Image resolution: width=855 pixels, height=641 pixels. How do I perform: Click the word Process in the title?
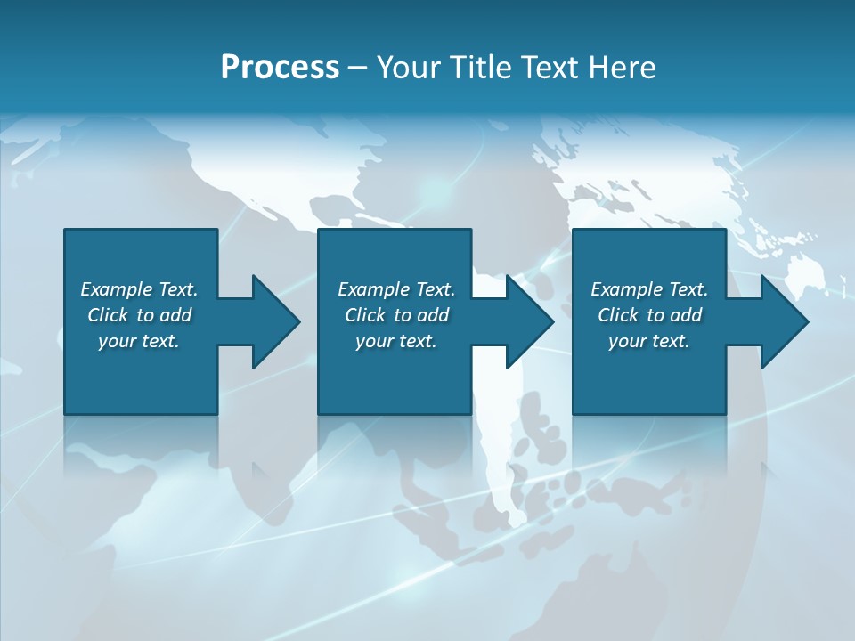(x=280, y=68)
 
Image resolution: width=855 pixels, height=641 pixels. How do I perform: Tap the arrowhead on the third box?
(x=783, y=321)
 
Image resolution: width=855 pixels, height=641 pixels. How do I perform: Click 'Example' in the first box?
(x=116, y=289)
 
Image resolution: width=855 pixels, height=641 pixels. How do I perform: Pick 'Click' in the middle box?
(x=364, y=315)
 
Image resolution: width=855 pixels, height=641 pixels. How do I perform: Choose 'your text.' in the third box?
(x=648, y=341)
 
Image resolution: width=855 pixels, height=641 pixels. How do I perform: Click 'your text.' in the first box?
(x=139, y=341)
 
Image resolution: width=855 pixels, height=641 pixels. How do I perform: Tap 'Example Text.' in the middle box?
(x=396, y=289)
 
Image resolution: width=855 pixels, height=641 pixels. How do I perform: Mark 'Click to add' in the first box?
(x=140, y=315)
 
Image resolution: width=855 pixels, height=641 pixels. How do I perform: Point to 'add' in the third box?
(x=686, y=315)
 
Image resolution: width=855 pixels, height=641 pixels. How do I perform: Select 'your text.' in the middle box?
(x=395, y=341)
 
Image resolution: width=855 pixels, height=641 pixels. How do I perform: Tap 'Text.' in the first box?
(x=177, y=289)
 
